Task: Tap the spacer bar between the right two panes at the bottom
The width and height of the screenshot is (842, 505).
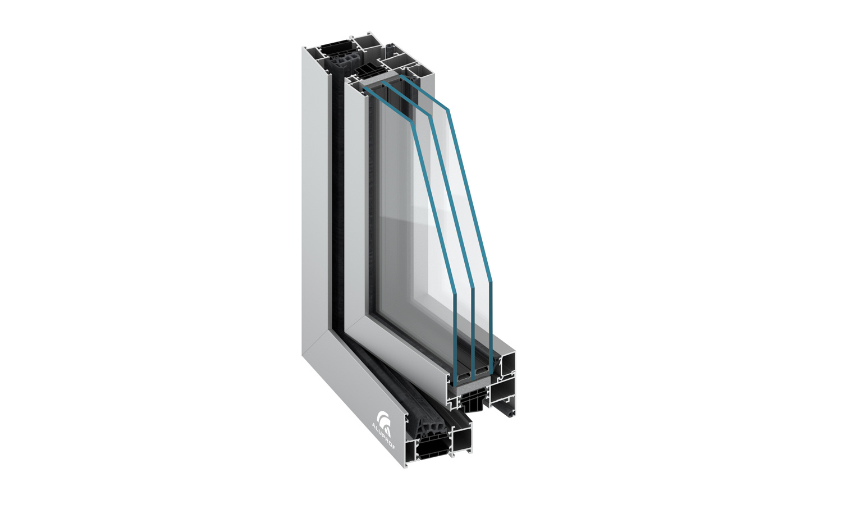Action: click(x=482, y=371)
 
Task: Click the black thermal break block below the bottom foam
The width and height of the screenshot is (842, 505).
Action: click(x=470, y=401)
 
